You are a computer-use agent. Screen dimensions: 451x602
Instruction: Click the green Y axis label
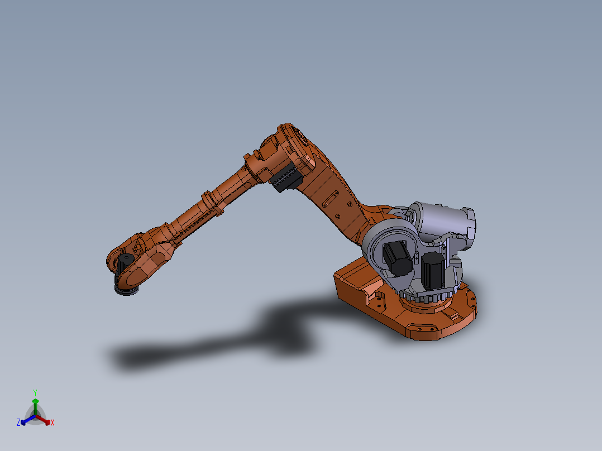click(35, 392)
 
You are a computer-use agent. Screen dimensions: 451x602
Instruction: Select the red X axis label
click(52, 423)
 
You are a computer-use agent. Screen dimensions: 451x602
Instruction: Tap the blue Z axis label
click(18, 423)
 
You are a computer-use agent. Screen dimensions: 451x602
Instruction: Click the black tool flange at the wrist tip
click(126, 290)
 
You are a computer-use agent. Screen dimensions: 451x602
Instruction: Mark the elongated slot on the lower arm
click(329, 198)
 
